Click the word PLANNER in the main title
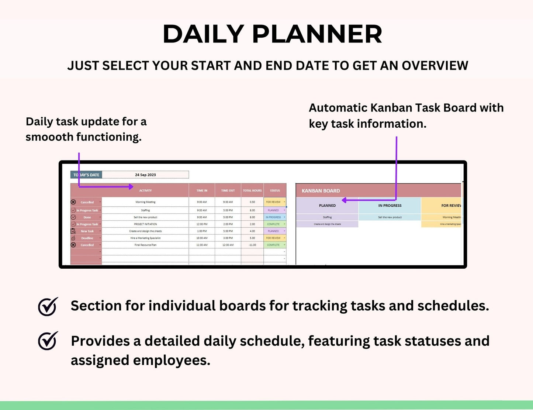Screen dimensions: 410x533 click(x=317, y=34)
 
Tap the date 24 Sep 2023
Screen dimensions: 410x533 click(x=145, y=175)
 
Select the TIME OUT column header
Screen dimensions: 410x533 click(x=228, y=191)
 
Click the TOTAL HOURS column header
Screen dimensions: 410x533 click(x=252, y=191)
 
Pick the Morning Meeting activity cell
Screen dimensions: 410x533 click(x=145, y=202)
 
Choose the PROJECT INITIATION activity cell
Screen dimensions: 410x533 click(x=145, y=224)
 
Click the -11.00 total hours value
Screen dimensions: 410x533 click(x=252, y=245)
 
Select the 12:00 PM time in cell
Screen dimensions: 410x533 click(x=202, y=224)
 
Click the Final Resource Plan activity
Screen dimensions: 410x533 click(x=145, y=245)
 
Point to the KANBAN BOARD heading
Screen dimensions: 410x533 click(x=321, y=191)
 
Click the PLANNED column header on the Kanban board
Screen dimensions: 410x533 click(x=327, y=206)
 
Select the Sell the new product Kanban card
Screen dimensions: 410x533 click(x=390, y=217)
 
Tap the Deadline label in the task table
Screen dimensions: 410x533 click(x=87, y=238)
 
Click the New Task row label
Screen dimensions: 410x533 click(x=87, y=231)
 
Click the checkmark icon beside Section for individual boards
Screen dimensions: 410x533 click(x=48, y=306)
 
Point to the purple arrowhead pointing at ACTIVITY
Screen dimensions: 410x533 click(x=131, y=187)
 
